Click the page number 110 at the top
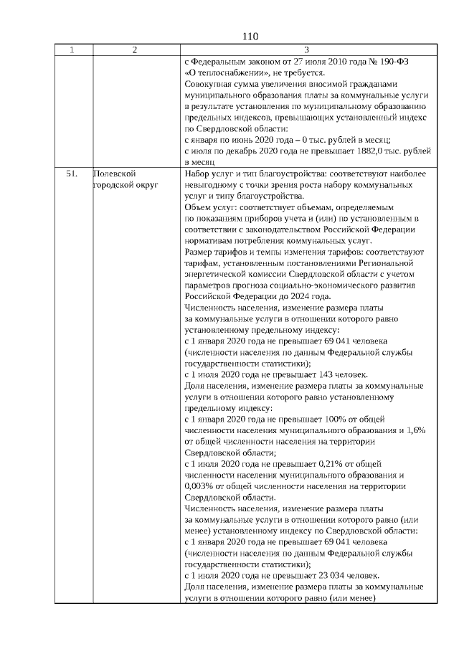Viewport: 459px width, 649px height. point(250,37)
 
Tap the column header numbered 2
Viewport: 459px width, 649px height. point(136,49)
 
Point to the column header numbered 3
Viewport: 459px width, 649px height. point(306,49)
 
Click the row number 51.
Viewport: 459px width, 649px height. point(72,174)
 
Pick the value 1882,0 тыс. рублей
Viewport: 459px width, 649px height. point(393,151)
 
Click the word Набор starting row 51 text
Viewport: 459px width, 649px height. point(197,174)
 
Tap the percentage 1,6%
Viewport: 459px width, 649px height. point(415,430)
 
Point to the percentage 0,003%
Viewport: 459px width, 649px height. point(199,486)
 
